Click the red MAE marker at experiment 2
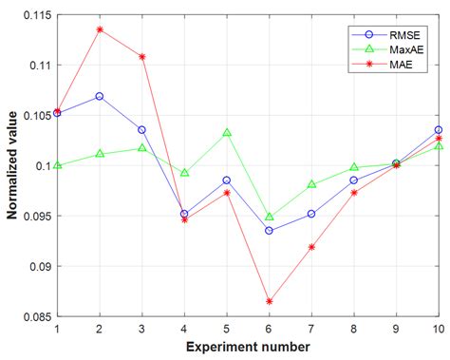pyautogui.click(x=100, y=29)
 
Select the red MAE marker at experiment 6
pyautogui.click(x=270, y=301)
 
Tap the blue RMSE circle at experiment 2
pyautogui.click(x=100, y=96)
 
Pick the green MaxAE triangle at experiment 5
pyautogui.click(x=227, y=133)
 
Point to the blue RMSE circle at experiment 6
pyautogui.click(x=270, y=231)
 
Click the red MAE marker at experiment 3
pyautogui.click(x=142, y=57)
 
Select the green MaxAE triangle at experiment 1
pyautogui.click(x=58, y=165)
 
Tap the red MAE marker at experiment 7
pyautogui.click(x=311, y=247)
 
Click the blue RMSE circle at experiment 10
pyautogui.click(x=439, y=129)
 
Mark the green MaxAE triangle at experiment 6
pyautogui.click(x=270, y=217)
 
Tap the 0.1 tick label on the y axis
pyautogui.click(x=44, y=165)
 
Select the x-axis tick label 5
pyautogui.click(x=227, y=329)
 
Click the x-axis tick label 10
pyautogui.click(x=438, y=329)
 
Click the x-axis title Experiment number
pyautogui.click(x=248, y=347)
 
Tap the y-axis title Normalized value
pyautogui.click(x=12, y=165)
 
